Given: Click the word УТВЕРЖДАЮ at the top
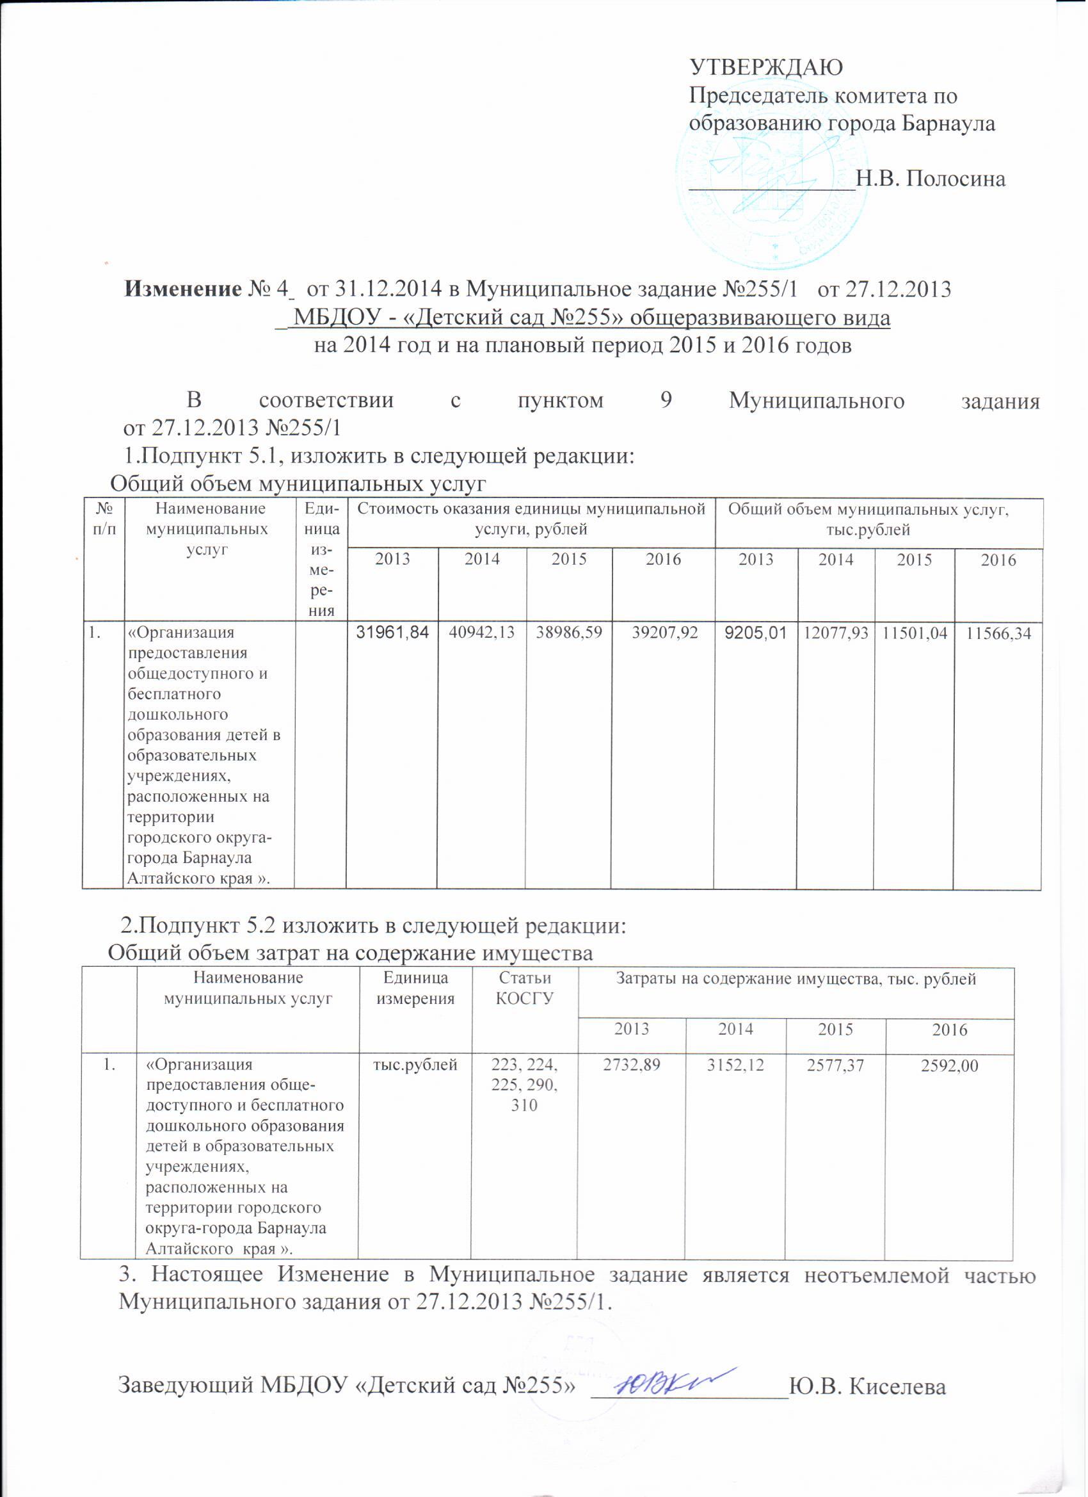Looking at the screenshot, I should (766, 67).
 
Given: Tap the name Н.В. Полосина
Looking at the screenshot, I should (931, 179).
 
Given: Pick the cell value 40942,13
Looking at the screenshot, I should (483, 633).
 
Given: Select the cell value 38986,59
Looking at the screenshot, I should (570, 633).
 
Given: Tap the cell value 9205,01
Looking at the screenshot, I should (756, 633).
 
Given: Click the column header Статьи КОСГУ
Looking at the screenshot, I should (525, 988).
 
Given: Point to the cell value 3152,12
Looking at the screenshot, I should (735, 1065).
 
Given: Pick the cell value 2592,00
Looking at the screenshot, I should (950, 1065).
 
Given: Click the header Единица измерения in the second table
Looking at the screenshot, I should (415, 988).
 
